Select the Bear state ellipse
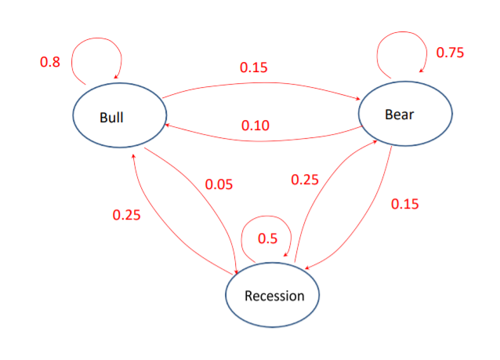406,114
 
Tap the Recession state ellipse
274,295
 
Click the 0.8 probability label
49,61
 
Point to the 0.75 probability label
450,53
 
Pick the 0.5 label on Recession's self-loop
268,238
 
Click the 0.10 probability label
255,125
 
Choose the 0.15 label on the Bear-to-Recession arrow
404,203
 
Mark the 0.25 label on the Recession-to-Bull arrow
126,215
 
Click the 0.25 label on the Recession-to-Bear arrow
305,180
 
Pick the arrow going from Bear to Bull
259,139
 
